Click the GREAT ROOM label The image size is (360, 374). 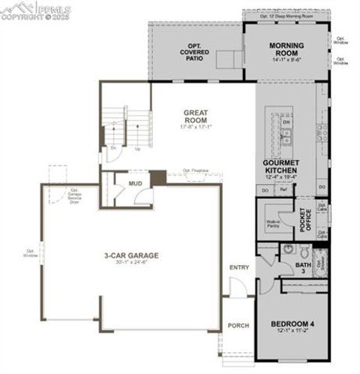pos(195,117)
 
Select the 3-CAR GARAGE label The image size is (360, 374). pos(131,255)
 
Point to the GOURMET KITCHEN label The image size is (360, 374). pos(281,167)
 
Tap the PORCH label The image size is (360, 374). pos(238,324)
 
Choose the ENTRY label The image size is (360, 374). pos(238,267)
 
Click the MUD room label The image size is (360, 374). pos(135,182)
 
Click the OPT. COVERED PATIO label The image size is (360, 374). pos(194,53)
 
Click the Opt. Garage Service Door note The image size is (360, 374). pos(74,196)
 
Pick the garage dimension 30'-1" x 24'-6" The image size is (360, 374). pos(131,262)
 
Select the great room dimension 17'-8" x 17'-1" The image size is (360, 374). pos(195,127)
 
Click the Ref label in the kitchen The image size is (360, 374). pos(283,190)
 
